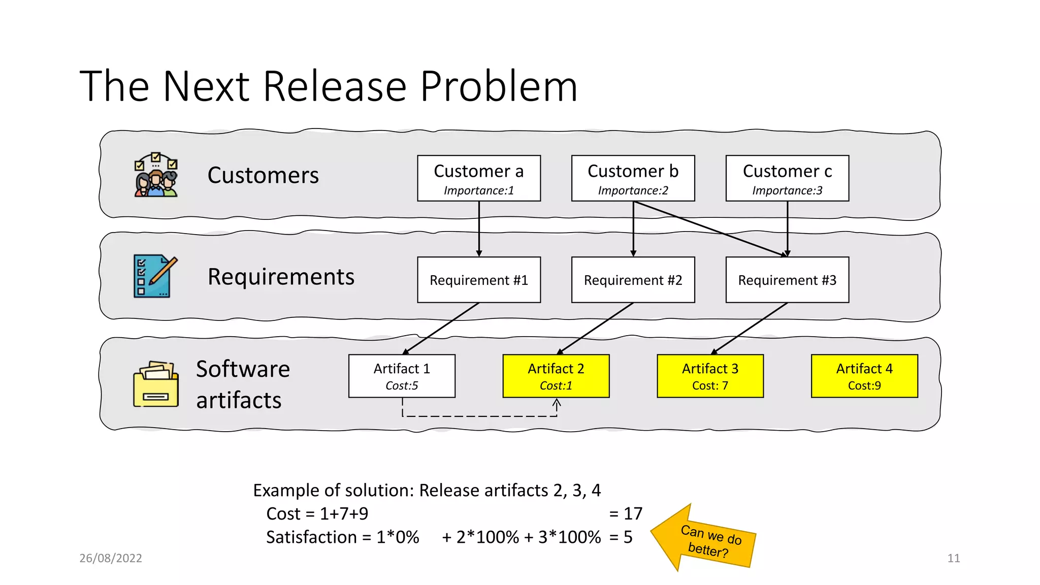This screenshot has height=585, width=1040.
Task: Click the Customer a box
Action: (x=478, y=178)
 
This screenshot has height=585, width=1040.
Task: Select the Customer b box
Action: (x=633, y=178)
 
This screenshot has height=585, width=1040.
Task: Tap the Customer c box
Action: (x=787, y=178)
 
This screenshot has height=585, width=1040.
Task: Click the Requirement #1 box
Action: (x=478, y=280)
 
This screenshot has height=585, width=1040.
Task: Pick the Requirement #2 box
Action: (x=633, y=280)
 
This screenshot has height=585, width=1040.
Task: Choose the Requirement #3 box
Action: (x=787, y=280)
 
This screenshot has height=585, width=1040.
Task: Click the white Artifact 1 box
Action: (x=402, y=376)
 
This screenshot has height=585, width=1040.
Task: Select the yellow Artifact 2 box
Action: (x=556, y=376)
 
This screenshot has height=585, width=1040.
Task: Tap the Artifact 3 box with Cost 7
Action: (x=710, y=376)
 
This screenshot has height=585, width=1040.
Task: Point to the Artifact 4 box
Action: (x=864, y=376)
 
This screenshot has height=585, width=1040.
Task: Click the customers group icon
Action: (x=156, y=175)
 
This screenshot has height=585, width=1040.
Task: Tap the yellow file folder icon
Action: (x=156, y=384)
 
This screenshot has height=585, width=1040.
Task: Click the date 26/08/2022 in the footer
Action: (x=111, y=558)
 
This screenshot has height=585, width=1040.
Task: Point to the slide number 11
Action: (x=953, y=558)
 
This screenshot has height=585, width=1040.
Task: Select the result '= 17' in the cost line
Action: (x=626, y=513)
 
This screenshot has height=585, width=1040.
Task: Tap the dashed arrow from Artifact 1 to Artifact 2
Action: (x=479, y=416)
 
